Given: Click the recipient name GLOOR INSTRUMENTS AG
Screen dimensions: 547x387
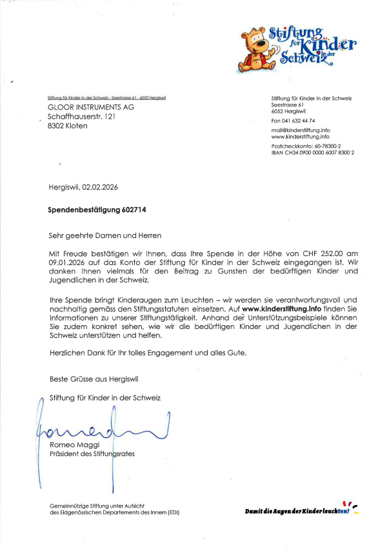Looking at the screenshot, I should click(91, 106).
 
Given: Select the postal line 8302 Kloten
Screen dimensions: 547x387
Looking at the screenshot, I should click(68, 126).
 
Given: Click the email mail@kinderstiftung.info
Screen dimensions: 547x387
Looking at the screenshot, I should click(301, 130).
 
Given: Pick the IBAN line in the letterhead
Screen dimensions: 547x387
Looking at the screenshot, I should click(313, 152).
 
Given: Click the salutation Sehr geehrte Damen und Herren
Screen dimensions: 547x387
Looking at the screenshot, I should click(105, 235).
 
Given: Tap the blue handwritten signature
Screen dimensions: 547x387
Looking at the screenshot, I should click(103, 426).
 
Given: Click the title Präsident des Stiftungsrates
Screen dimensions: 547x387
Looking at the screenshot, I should click(92, 453).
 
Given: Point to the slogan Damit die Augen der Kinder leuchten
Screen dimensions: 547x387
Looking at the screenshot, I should click(297, 511).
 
